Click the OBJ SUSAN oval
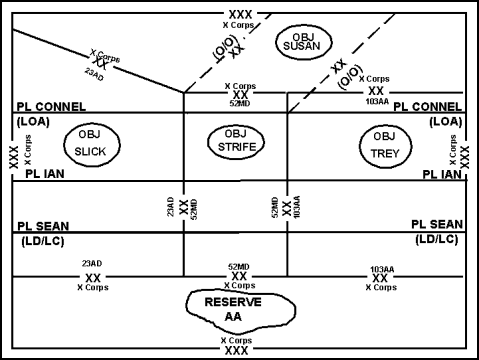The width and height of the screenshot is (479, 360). (307, 41)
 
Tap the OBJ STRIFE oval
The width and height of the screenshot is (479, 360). (236, 142)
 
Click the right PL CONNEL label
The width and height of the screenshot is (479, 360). (427, 106)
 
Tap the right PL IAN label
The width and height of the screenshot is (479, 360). (441, 174)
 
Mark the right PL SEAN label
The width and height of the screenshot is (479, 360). (436, 225)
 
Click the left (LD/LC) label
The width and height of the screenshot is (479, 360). (42, 240)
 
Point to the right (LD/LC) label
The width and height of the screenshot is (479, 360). (437, 240)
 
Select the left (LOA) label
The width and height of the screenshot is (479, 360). (33, 121)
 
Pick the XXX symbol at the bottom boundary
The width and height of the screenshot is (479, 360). (237, 351)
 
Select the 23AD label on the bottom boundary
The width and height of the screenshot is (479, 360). (93, 264)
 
